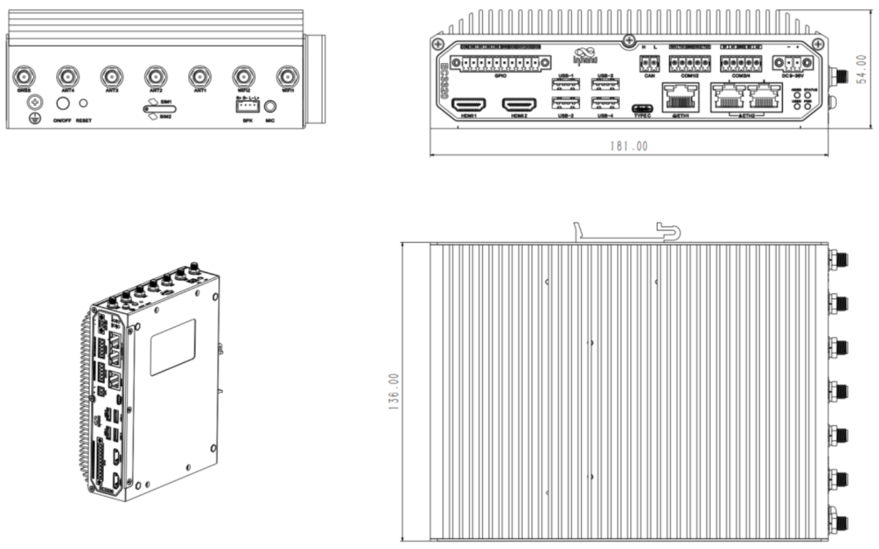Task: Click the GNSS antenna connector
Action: pos(24,76)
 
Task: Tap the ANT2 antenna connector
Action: pos(155,76)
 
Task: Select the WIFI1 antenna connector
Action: pos(287,76)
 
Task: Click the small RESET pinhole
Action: pos(83,103)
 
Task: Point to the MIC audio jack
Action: pos(270,106)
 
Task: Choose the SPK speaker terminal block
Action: pos(248,106)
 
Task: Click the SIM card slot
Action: pos(160,109)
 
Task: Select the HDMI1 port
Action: pos(469,105)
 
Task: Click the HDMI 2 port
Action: pos(519,105)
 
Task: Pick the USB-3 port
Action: pos(605,85)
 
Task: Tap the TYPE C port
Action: pos(642,109)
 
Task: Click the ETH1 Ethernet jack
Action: pos(680,98)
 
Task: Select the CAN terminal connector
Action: pos(649,63)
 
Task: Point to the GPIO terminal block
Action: pos(501,63)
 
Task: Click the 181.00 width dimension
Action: pos(629,146)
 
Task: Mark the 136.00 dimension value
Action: pos(393,391)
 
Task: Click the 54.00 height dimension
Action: pos(861,69)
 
